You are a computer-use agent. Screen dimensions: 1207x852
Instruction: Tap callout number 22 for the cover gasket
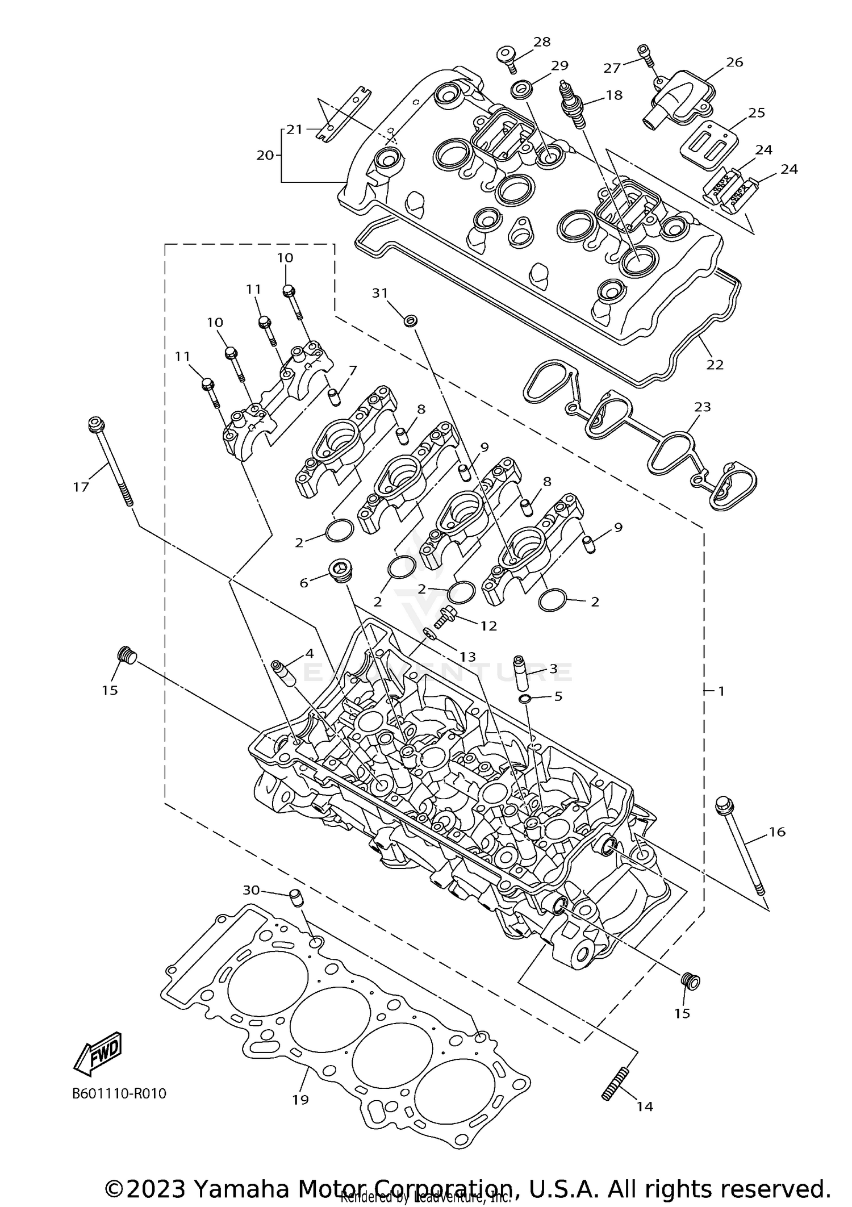715,365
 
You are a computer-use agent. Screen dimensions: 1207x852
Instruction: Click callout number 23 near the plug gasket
703,407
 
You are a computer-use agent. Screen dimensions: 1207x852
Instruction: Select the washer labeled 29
522,90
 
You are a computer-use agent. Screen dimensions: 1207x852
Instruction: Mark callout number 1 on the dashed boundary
721,691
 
